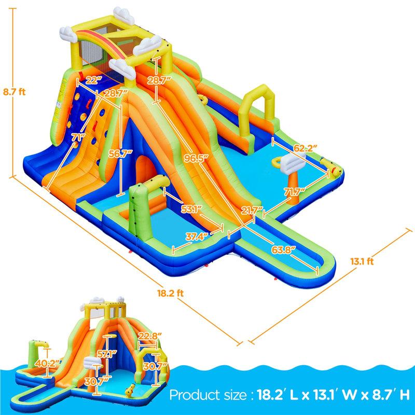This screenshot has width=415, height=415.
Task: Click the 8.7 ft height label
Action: [14, 92]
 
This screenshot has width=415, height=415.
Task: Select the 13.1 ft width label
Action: [362, 261]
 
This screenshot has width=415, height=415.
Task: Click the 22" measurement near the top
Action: [93, 80]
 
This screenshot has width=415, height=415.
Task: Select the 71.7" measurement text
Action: [294, 192]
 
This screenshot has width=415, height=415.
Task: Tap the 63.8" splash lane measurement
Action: [283, 248]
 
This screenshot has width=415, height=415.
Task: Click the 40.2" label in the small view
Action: [45, 363]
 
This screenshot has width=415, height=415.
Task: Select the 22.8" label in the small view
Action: [149, 336]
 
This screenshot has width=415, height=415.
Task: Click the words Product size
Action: [208, 395]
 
